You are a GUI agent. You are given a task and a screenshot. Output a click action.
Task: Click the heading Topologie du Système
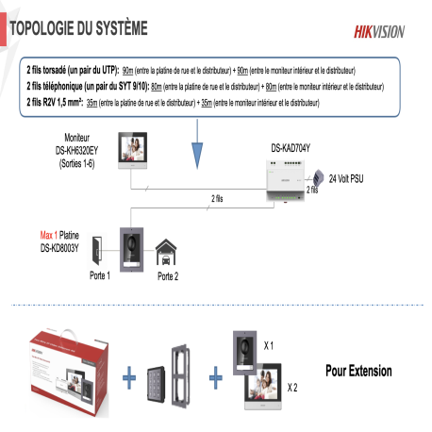(x=77, y=29)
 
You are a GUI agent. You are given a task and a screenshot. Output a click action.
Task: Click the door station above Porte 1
(x=130, y=247)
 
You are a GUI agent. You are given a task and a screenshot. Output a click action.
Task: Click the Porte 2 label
(x=167, y=276)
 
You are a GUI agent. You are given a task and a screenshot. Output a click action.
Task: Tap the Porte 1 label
(x=101, y=275)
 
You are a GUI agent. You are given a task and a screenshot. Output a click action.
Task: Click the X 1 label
(x=269, y=346)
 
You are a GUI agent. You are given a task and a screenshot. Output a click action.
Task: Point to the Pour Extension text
(x=358, y=371)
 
